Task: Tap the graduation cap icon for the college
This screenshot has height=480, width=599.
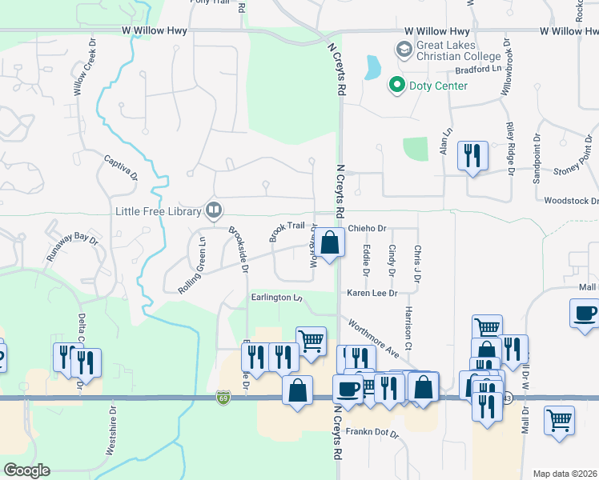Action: click(x=404, y=50)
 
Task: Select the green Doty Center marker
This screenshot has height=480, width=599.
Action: click(x=396, y=85)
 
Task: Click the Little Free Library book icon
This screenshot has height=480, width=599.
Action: click(x=214, y=210)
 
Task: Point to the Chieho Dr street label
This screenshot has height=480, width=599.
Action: click(x=367, y=229)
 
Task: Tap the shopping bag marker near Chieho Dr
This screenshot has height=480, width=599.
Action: click(x=329, y=242)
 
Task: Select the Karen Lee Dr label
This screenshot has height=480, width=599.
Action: click(x=372, y=294)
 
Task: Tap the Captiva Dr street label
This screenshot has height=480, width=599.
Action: click(x=121, y=168)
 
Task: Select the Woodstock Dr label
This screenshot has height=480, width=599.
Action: click(x=569, y=201)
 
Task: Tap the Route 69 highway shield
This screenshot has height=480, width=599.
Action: click(x=223, y=397)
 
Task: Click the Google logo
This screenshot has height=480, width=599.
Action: click(x=26, y=470)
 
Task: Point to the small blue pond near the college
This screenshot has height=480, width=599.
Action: click(x=372, y=67)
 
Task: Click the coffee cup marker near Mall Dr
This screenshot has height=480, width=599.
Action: click(x=584, y=313)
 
